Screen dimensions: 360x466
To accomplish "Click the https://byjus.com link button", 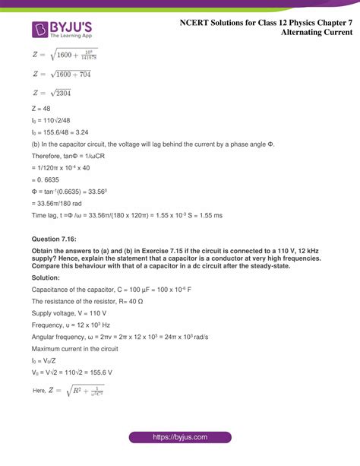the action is (x=179, y=438).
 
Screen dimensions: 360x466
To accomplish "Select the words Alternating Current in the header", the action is (x=316, y=33).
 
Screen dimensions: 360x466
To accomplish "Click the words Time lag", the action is (x=46, y=216).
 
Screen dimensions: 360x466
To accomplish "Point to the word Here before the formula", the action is (x=40, y=392).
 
